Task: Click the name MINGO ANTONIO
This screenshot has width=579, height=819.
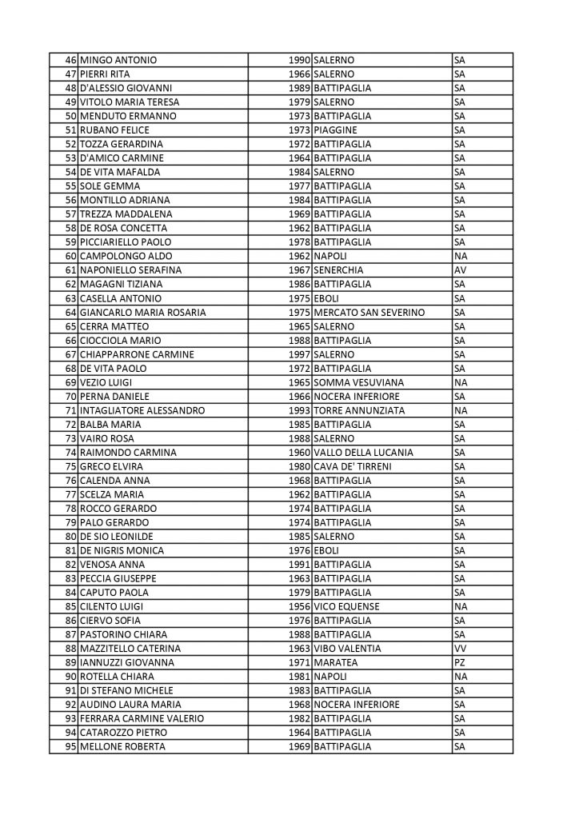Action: click(x=118, y=60)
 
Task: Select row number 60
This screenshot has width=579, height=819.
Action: click(x=70, y=256)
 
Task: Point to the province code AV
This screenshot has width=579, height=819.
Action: click(x=460, y=270)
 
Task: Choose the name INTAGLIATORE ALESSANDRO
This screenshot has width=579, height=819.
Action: click(x=142, y=410)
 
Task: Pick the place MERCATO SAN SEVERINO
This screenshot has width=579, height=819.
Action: click(x=369, y=312)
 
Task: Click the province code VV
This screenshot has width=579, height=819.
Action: click(x=460, y=649)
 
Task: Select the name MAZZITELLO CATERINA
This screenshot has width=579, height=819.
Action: click(x=130, y=649)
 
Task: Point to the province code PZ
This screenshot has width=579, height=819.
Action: click(x=459, y=662)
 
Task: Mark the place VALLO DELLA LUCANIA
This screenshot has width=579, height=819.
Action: click(x=364, y=452)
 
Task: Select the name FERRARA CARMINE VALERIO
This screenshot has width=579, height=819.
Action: click(x=141, y=718)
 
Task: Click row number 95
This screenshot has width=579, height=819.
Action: click(x=70, y=746)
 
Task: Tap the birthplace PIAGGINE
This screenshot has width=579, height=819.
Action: click(x=336, y=130)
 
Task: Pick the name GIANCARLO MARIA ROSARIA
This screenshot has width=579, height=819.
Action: click(x=142, y=312)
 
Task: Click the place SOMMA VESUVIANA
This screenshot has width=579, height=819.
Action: click(x=359, y=382)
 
